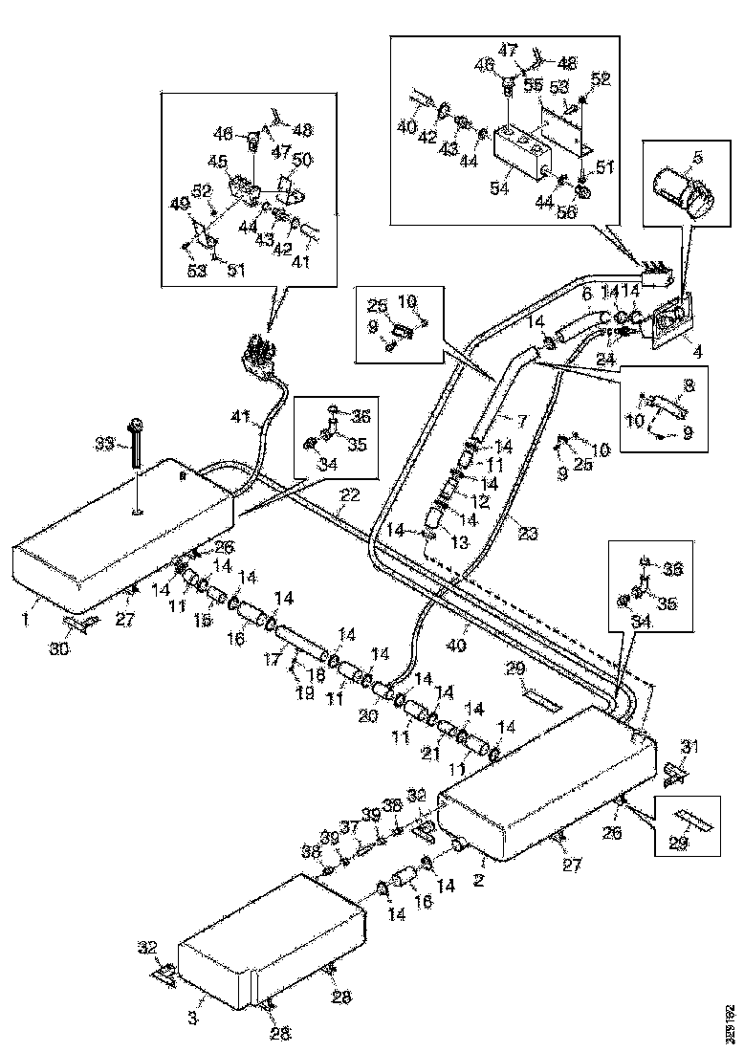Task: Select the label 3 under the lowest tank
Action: [192, 1020]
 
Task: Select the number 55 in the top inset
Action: [535, 85]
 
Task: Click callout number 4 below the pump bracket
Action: [697, 352]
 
